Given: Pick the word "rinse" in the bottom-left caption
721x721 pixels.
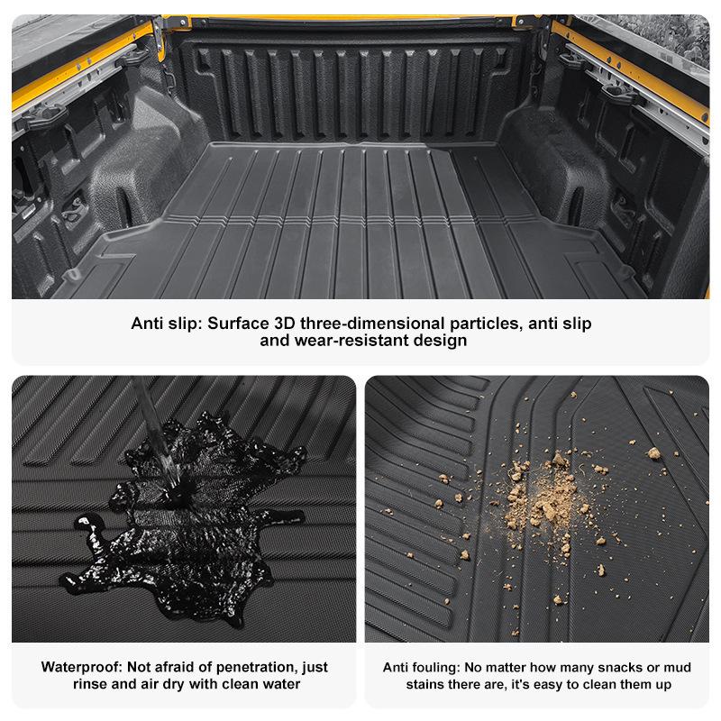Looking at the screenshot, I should point(91,684).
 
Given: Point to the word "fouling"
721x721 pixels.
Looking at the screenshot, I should point(433,667).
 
